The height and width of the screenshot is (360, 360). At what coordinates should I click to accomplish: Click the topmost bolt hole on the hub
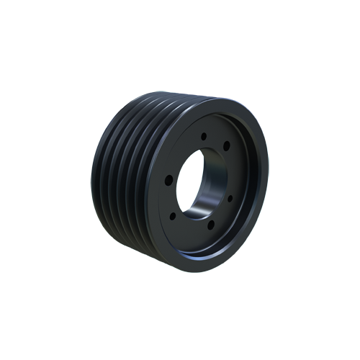pyautogui.click(x=204, y=135)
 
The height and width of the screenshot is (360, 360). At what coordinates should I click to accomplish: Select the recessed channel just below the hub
pyautogui.click(x=205, y=248)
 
